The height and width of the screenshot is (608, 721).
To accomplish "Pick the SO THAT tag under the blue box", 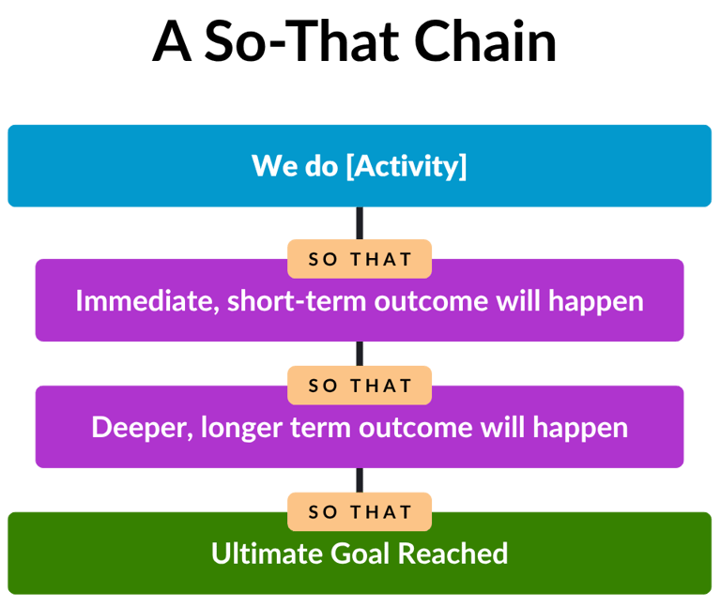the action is (x=360, y=259).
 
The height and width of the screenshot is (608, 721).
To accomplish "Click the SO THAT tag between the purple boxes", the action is (x=360, y=386).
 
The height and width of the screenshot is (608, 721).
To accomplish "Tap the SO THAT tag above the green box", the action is (x=360, y=512).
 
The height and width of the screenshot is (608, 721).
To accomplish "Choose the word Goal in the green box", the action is (x=361, y=554).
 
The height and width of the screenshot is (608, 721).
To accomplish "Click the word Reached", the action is (x=453, y=554).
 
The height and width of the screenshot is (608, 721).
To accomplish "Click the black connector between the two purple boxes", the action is (x=360, y=353).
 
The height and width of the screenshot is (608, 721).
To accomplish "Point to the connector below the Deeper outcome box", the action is (x=360, y=479).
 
